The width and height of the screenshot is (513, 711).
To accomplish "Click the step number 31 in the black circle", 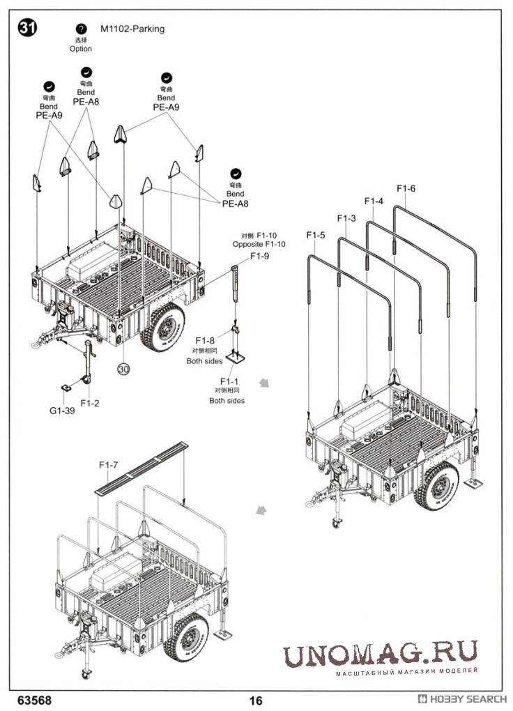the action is tap(27, 28).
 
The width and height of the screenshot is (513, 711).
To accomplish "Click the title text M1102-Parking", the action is tap(132, 29).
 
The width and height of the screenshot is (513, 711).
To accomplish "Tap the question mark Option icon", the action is tap(81, 29).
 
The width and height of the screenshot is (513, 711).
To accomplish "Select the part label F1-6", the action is tap(406, 188).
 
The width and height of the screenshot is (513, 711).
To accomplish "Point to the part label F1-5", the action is tap(315, 235).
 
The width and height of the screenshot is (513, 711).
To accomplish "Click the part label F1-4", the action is tap(374, 201).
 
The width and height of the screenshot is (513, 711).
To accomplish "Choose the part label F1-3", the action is tap(346, 218).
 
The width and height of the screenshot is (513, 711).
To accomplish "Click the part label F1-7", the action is tap(108, 465).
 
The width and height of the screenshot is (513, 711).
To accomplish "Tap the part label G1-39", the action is tap(62, 411).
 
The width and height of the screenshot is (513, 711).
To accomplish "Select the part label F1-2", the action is tap(90, 403).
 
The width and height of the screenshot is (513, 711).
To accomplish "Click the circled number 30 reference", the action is tap(123, 369).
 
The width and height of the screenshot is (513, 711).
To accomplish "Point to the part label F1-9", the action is tap(259, 257).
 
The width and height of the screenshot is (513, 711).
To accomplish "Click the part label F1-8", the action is tap(205, 341).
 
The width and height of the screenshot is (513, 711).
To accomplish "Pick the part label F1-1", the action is tap(229, 381).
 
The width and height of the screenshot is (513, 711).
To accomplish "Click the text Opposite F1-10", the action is tap(259, 245).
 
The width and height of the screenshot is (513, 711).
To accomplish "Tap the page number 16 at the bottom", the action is tap(256, 701).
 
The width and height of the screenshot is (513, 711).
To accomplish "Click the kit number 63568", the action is tap(34, 700).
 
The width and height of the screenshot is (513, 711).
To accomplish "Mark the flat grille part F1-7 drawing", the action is tap(141, 468).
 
